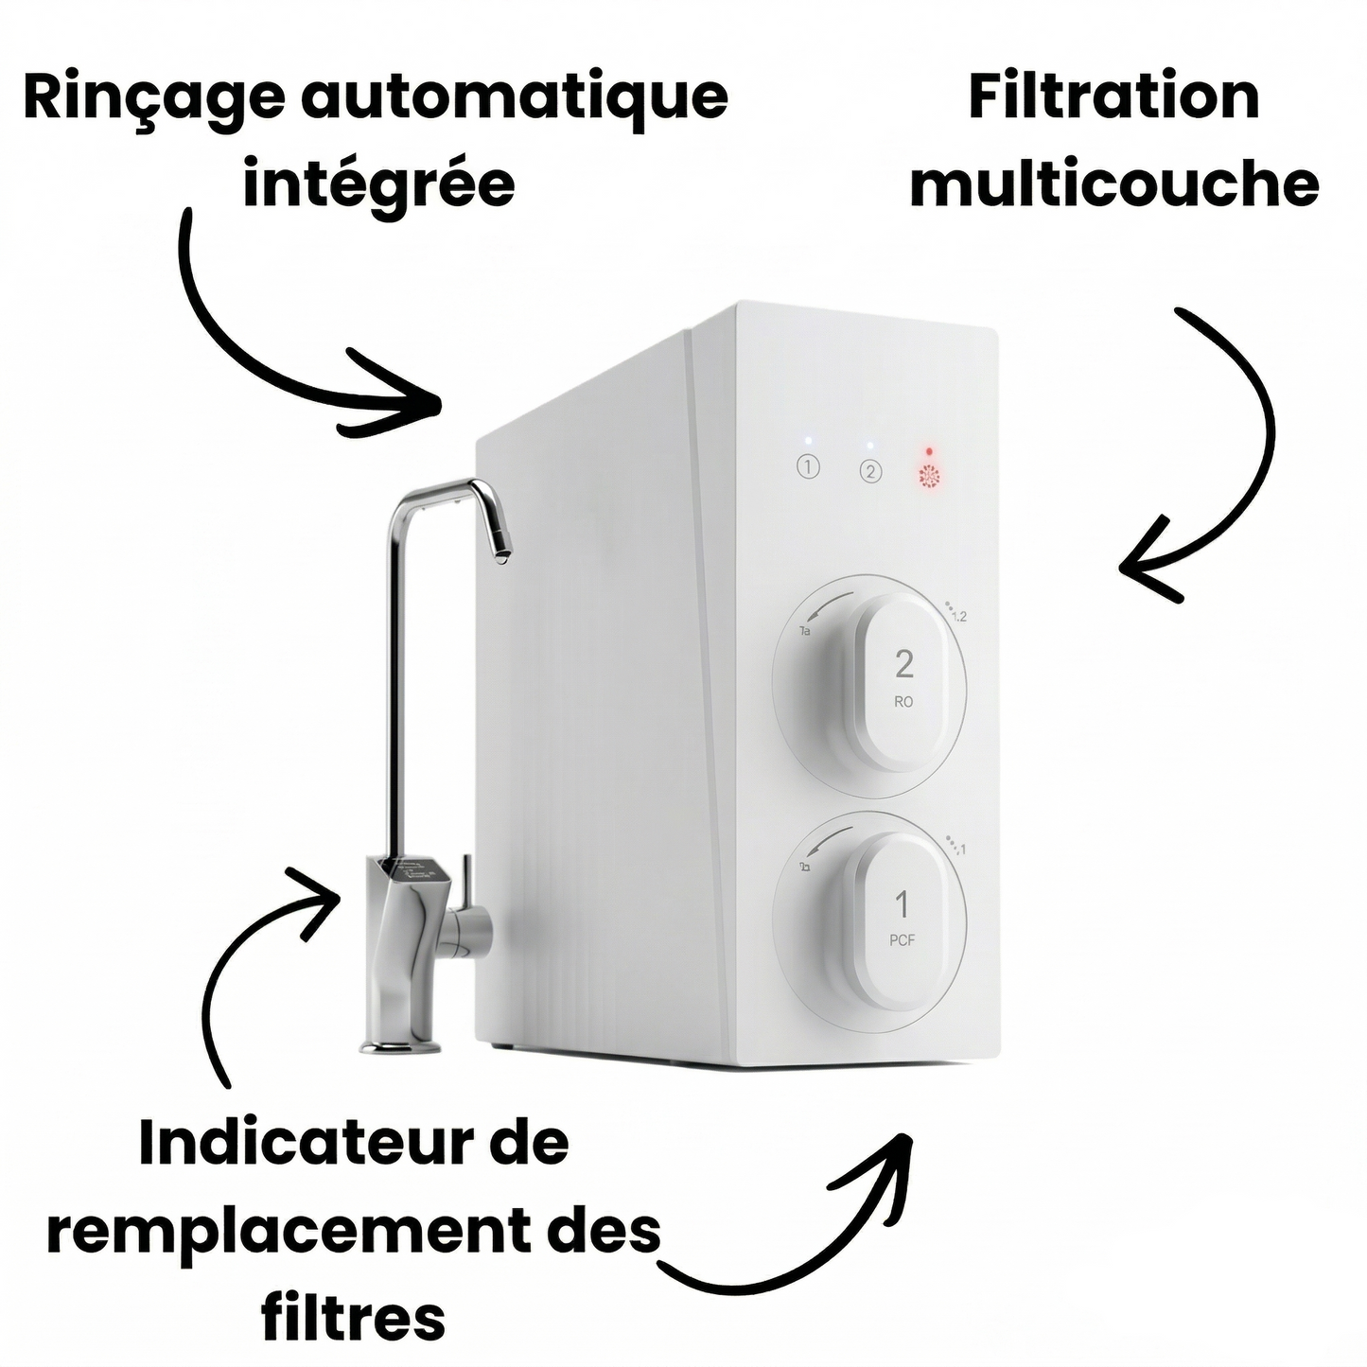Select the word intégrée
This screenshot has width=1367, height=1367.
[x=378, y=184]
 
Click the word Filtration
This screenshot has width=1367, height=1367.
[x=1113, y=97]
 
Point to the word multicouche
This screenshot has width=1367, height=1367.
[x=1113, y=184]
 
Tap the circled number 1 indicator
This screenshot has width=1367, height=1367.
[x=808, y=466]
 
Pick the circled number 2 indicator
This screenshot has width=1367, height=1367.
[x=870, y=471]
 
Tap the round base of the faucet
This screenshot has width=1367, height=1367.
[x=400, y=1045]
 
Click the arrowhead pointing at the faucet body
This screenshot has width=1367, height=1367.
[x=326, y=889]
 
